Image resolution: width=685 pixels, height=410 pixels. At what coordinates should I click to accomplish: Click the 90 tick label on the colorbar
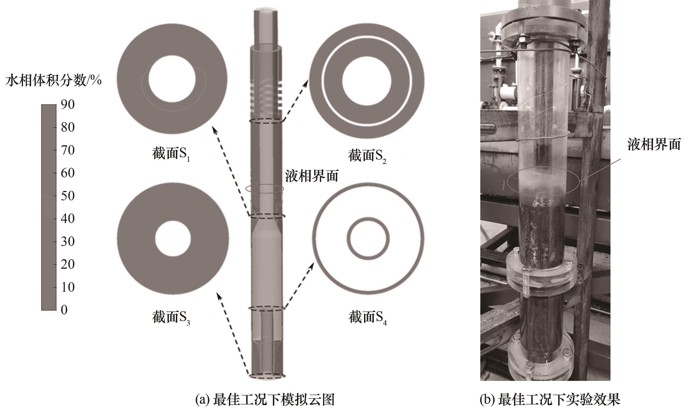pyautogui.click(x=68, y=105)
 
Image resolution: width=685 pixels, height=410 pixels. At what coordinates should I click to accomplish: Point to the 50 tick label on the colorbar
pyautogui.click(x=68, y=196)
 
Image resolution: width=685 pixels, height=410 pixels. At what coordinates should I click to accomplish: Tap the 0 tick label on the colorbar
pyautogui.click(x=64, y=310)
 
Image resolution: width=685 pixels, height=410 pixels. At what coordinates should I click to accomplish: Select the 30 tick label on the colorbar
pyautogui.click(x=68, y=242)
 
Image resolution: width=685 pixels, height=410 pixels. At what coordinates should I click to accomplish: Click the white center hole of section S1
pyautogui.click(x=172, y=79)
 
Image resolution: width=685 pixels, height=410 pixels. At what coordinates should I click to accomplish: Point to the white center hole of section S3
pyautogui.click(x=173, y=238)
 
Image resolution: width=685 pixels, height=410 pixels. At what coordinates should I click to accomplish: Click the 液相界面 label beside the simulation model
pyautogui.click(x=312, y=176)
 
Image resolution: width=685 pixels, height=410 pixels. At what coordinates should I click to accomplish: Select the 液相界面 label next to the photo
pyautogui.click(x=654, y=144)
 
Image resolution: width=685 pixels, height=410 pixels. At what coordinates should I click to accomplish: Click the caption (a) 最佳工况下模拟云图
pyautogui.click(x=265, y=400)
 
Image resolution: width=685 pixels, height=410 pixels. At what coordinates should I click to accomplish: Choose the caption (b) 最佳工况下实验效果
pyautogui.click(x=550, y=400)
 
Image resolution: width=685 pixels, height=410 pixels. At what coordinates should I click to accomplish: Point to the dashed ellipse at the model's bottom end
pyautogui.click(x=267, y=373)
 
